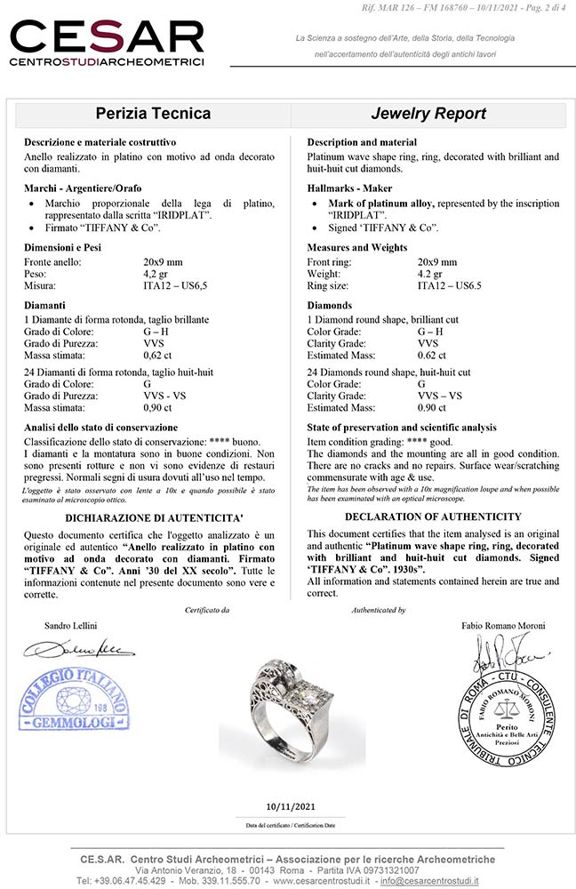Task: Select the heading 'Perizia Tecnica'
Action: coord(153,114)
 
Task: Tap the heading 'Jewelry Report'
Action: coord(428,114)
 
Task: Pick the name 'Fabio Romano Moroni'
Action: coord(503,626)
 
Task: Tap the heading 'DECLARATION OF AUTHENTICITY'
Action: coord(433,517)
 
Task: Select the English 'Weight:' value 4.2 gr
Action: coord(430,275)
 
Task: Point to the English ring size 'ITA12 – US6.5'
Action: coord(449,286)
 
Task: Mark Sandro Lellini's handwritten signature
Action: coord(80,652)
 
